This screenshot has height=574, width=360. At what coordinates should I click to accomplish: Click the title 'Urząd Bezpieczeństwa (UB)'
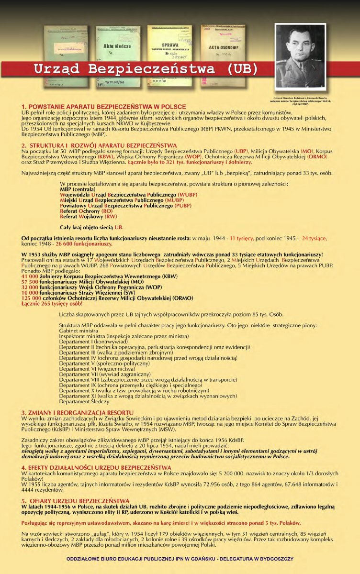pos(146,68)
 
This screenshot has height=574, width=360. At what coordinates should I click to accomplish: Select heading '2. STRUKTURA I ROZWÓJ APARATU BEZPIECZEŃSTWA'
pos(99,145)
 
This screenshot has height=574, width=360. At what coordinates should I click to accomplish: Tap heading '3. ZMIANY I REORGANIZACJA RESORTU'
pos(77,412)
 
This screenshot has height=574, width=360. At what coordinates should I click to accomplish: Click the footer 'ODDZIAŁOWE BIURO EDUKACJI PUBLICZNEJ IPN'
pos(180,558)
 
